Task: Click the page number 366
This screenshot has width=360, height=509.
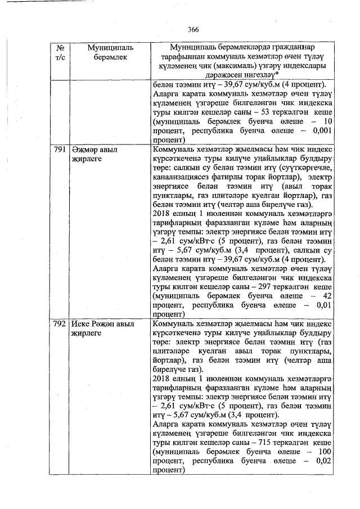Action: pyautogui.click(x=193, y=29)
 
